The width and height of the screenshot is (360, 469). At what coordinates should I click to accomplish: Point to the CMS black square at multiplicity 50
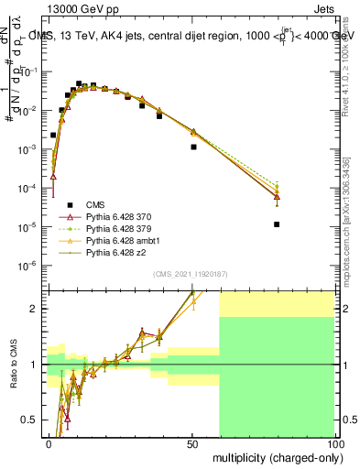[x=193, y=147]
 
